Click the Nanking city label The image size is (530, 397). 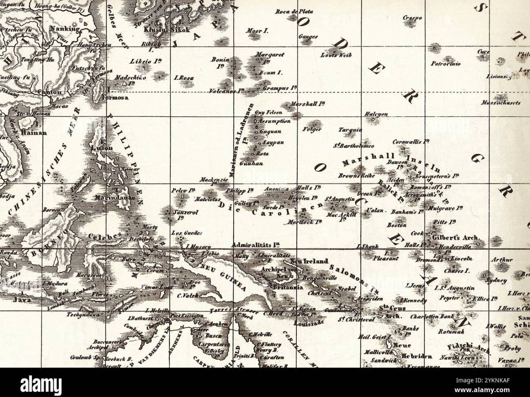(64, 29)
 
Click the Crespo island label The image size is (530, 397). (413, 18)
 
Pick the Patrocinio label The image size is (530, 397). (446, 64)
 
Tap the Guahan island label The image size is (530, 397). (251, 163)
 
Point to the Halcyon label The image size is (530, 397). (376, 114)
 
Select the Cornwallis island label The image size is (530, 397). (411, 142)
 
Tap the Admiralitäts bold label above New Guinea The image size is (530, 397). (256, 245)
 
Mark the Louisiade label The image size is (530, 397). (309, 322)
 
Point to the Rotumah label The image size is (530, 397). (451, 331)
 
